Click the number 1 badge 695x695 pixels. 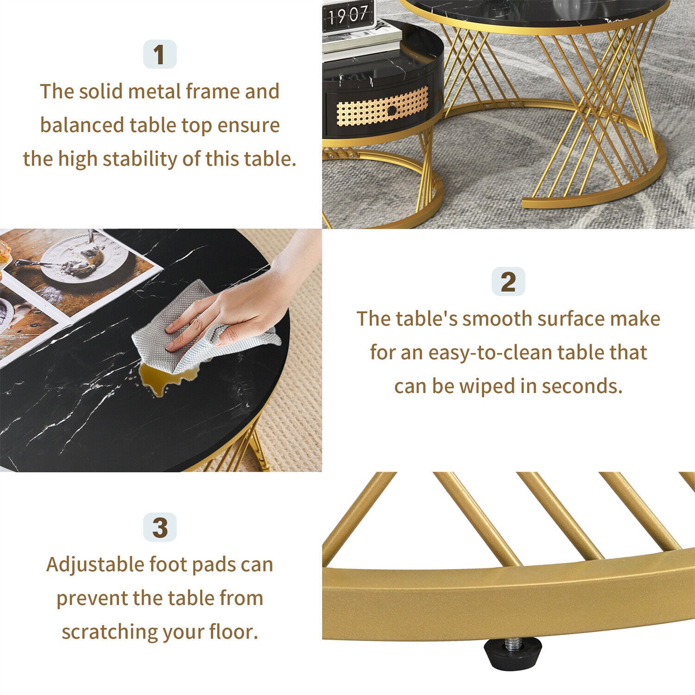pyautogui.click(x=159, y=55)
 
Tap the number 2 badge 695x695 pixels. pyautogui.click(x=508, y=282)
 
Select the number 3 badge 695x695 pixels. pyautogui.click(x=159, y=527)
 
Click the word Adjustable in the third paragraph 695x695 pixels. pyautogui.click(x=95, y=565)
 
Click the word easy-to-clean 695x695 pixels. pyautogui.click(x=490, y=353)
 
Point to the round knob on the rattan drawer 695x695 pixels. pyautogui.click(x=392, y=111)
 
